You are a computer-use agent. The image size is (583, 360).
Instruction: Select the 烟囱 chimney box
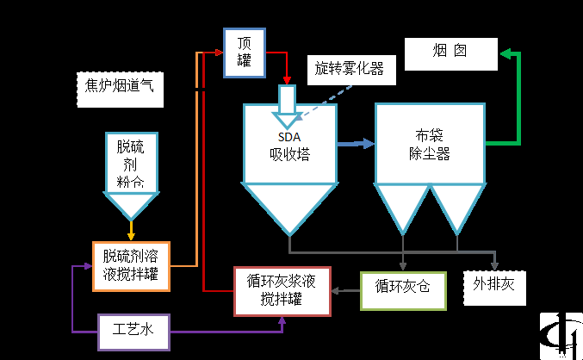pos(451,53)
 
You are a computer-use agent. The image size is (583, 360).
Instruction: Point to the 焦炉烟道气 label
pos(119,87)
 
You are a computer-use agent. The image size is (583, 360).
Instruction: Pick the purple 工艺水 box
pos(133,331)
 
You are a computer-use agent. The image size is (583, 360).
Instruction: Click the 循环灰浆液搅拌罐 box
pos(282,291)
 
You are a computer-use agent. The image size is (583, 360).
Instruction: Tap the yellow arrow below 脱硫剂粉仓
pos(131,231)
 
